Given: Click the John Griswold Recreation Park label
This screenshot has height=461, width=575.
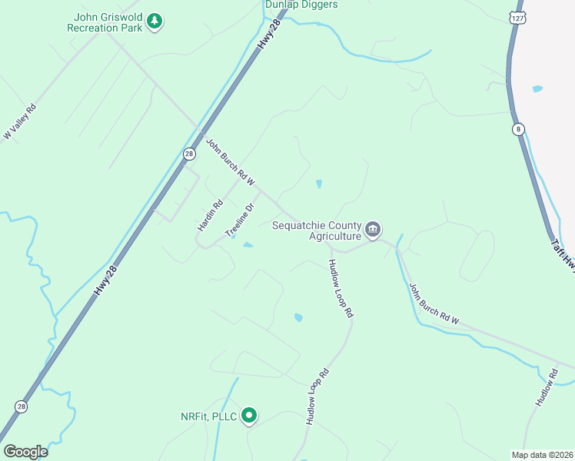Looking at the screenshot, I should click(x=108, y=22).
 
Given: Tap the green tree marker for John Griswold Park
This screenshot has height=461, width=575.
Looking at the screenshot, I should click(x=156, y=21).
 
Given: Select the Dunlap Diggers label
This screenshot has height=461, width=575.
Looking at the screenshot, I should click(x=301, y=5).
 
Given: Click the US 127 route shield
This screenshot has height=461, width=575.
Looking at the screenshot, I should click(x=517, y=17).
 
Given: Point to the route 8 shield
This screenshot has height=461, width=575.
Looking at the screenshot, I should click(x=519, y=130).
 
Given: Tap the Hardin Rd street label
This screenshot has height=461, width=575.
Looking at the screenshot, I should click(x=210, y=216).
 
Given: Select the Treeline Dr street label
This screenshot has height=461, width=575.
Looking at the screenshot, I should click(x=239, y=220).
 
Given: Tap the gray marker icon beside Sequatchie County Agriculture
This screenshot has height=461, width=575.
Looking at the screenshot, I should click(x=373, y=229).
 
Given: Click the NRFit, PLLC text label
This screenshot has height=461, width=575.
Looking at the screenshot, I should click(x=208, y=416).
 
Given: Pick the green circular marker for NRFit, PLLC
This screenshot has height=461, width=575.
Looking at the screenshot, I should click(x=249, y=416).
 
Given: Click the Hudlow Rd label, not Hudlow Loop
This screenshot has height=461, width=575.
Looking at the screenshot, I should click(x=546, y=388).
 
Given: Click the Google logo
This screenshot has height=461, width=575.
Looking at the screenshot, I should click(x=25, y=452).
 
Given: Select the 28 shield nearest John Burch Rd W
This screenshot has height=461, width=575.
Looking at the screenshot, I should click(x=189, y=154).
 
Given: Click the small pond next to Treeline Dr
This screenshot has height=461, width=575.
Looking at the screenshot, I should click(x=248, y=245).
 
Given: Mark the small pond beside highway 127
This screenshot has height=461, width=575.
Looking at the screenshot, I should click(x=537, y=89).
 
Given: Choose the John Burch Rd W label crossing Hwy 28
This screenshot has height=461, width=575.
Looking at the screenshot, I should click(x=229, y=161).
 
